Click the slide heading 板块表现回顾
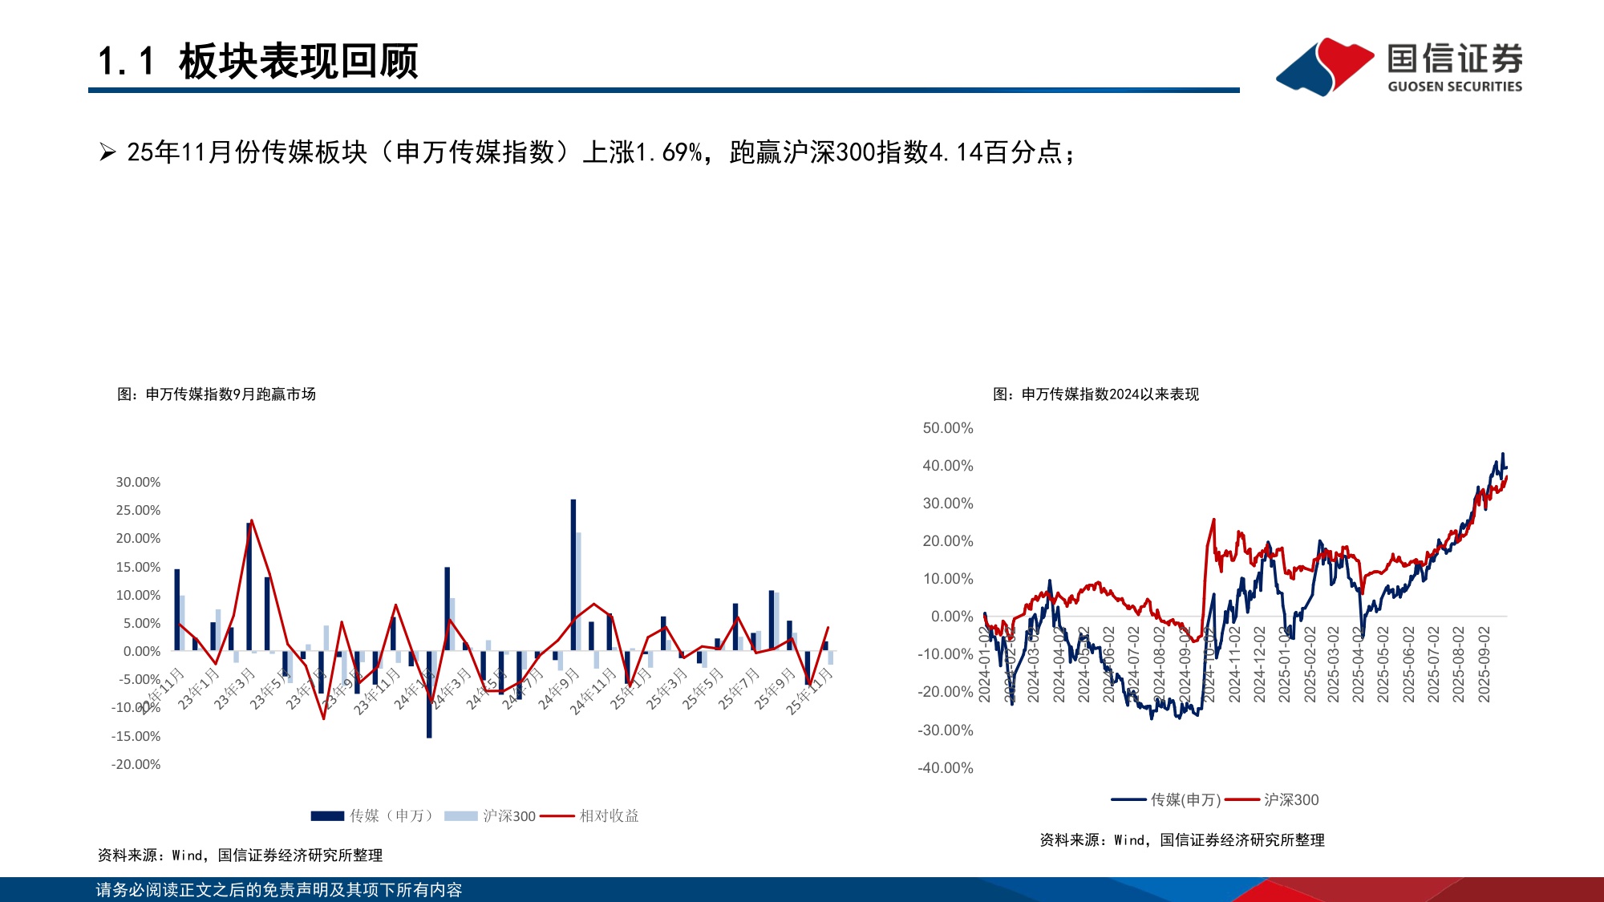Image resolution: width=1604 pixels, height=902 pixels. coord(298,62)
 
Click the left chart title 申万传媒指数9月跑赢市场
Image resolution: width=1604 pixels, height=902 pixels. coord(230,394)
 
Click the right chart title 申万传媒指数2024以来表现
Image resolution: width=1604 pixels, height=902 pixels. coord(1110,394)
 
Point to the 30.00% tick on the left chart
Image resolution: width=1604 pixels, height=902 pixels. coord(138,482)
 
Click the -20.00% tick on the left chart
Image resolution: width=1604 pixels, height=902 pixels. coord(136,764)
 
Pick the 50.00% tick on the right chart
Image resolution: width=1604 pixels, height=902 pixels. coord(947,428)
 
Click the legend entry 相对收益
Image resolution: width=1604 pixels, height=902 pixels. coord(609,816)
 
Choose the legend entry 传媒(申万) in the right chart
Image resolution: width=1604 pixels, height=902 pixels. coord(1185,799)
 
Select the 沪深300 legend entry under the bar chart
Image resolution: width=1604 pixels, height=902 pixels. coord(508,816)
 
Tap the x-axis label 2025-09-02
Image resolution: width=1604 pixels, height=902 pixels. coord(1484,665)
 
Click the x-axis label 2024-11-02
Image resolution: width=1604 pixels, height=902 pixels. coord(1234,665)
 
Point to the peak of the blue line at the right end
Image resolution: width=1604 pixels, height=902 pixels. coord(1503,454)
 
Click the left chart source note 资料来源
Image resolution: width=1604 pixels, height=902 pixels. coord(240,855)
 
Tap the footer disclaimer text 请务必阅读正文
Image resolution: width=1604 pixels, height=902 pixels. coord(278,890)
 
